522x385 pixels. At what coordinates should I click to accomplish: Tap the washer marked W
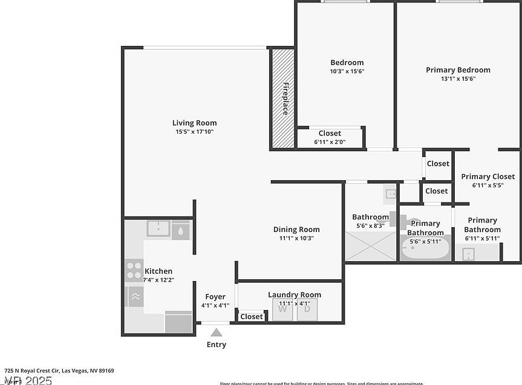coord(282,310)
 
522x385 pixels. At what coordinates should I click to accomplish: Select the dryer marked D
coord(307,310)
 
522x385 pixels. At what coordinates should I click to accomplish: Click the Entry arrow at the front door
coord(216,331)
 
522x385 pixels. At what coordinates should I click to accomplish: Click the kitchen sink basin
coord(158,229)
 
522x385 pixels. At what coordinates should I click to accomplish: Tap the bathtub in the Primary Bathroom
coord(425,248)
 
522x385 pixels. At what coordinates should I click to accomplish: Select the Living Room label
coord(194,123)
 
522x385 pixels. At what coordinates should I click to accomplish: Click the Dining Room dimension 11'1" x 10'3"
coord(296,238)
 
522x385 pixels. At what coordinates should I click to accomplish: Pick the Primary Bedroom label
coord(458,70)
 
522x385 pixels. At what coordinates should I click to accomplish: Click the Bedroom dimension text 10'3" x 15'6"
coord(347,71)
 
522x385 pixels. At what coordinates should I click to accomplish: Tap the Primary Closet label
coord(488,176)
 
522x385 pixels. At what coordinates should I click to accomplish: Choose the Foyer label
coord(215,297)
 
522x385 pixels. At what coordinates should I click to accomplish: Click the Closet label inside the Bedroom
coord(330,133)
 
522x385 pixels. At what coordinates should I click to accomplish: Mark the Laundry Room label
coord(295,295)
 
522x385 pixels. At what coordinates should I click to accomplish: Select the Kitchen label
coord(158,271)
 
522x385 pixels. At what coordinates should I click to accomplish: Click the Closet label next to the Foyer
coord(252,317)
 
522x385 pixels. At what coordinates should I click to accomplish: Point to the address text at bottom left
coord(59,370)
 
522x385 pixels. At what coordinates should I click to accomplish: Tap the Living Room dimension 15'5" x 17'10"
coord(194,131)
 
